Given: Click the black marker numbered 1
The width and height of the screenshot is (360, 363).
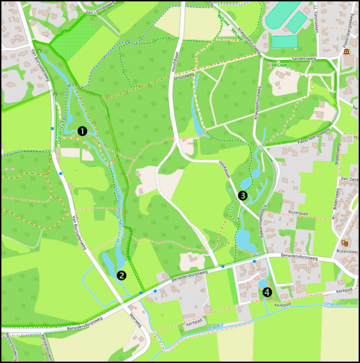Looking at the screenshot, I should (82, 131).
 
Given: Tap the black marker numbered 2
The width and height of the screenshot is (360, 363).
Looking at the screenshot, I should (121, 275).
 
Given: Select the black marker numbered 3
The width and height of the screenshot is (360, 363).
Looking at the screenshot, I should (242, 196).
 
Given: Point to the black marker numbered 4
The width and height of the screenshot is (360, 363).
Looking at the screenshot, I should (267, 292).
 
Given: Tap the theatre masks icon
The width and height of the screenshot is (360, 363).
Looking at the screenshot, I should (344, 242).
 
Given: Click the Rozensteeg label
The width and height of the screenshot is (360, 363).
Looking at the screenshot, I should (347, 251).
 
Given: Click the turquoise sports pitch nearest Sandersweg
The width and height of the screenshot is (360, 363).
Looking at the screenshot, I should (284, 41).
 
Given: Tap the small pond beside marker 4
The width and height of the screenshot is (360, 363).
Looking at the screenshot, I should (262, 284).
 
